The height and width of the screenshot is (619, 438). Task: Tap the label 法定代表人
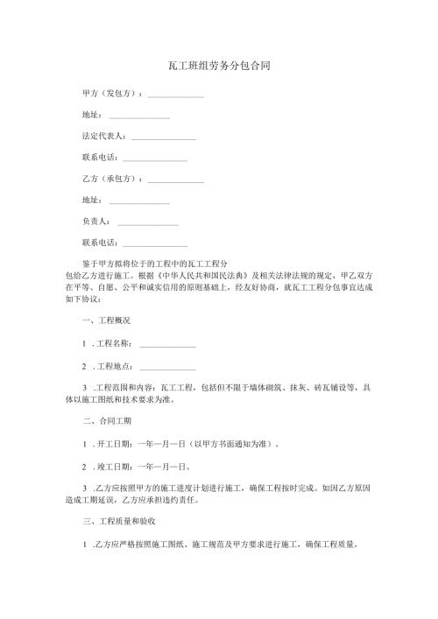coord(103,137)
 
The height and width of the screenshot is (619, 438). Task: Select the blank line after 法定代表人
coord(164,138)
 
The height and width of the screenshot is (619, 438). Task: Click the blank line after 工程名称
coord(167,346)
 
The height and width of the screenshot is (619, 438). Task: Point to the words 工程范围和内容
coord(124,388)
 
